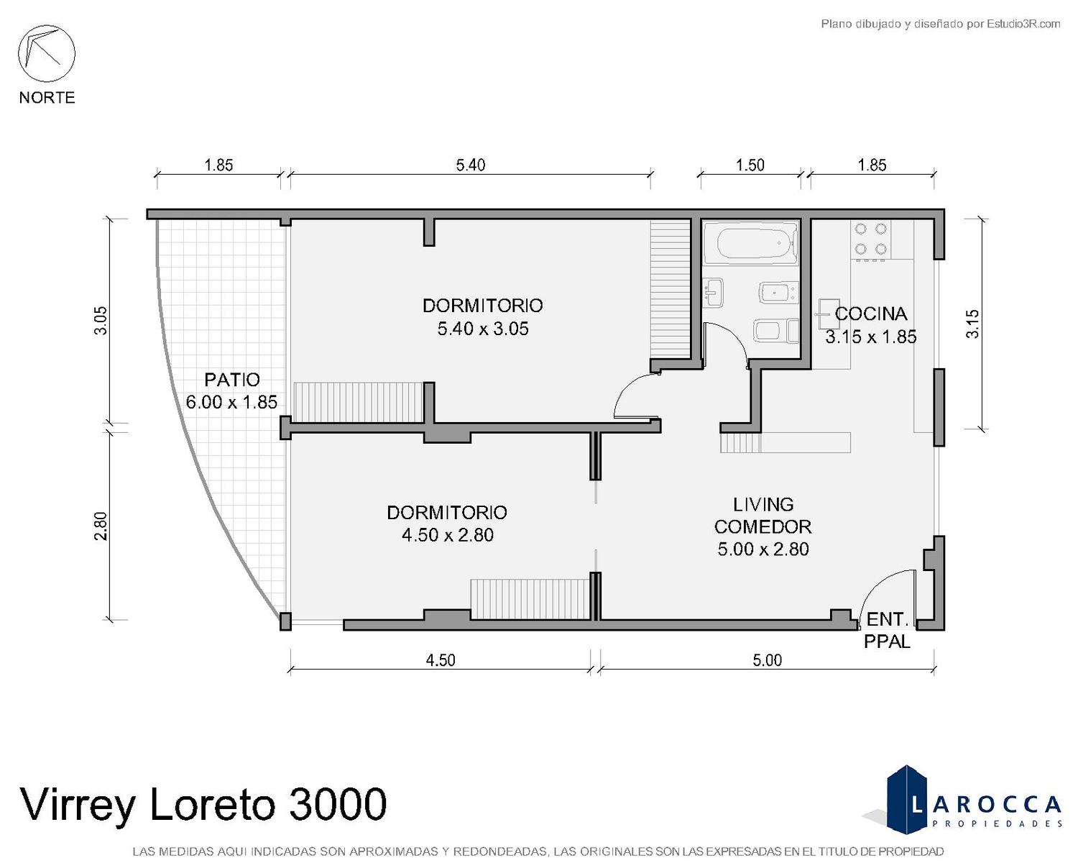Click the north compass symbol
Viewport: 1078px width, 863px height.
click(47, 54)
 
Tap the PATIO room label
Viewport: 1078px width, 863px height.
click(232, 380)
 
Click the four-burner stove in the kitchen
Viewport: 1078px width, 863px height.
click(870, 239)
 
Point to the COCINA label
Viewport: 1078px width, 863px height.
click(871, 314)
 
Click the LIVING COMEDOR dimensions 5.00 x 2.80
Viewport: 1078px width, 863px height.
click(763, 549)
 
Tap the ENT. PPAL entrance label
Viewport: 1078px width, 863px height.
click(887, 630)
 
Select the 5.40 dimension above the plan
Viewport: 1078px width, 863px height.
click(471, 165)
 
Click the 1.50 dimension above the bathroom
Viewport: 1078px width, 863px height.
click(750, 165)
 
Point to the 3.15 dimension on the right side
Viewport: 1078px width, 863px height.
click(972, 324)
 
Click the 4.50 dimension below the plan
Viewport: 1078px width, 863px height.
click(441, 660)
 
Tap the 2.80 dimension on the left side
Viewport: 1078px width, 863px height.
click(101, 526)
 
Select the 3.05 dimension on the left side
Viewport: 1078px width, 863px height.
click(101, 321)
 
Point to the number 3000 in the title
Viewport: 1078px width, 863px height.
click(338, 804)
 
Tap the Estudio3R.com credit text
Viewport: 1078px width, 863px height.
click(1023, 24)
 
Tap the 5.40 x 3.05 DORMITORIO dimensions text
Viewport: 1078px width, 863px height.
click(483, 329)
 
